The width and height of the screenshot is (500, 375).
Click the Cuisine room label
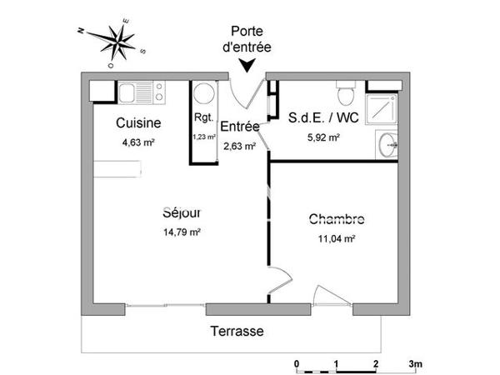137,123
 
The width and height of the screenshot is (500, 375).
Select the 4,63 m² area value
138,142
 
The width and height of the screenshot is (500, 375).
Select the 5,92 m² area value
324,137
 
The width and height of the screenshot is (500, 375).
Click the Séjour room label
182,213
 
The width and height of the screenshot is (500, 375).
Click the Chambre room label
337,220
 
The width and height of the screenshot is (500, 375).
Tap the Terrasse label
237,331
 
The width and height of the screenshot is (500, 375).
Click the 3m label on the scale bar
416,365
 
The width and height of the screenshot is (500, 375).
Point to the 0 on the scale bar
297,365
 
